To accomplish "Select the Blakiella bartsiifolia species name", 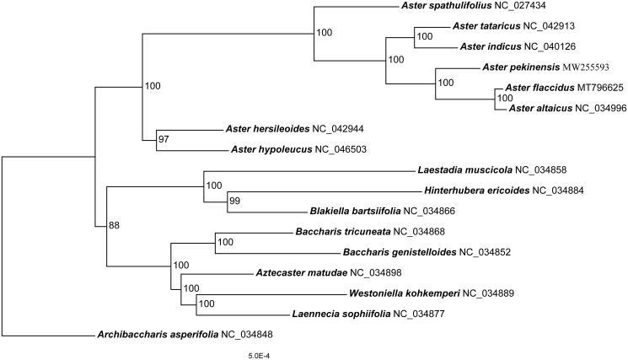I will pos(355,211).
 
